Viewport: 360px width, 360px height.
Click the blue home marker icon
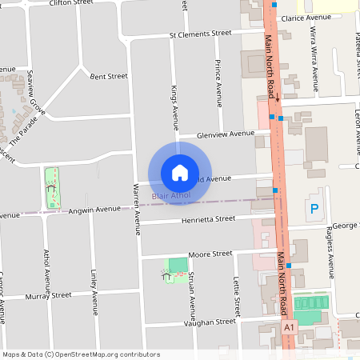click(x=180, y=172)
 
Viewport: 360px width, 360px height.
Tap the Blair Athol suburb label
click(x=171, y=195)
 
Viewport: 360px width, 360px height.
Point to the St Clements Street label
click(x=200, y=34)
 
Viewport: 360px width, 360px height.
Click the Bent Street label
click(x=109, y=77)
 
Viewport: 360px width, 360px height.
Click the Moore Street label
click(x=210, y=254)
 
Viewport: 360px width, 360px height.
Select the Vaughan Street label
click(x=210, y=322)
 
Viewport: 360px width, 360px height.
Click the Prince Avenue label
click(x=218, y=82)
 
